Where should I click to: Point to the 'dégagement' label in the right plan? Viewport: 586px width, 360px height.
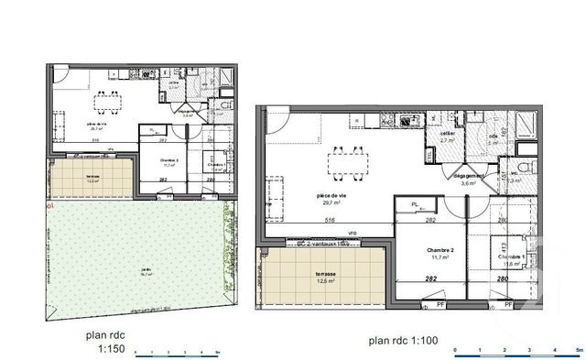click(x=469, y=174)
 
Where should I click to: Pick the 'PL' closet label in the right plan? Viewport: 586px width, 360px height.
click(x=415, y=204)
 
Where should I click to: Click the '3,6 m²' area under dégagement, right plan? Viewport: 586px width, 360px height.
click(x=469, y=184)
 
